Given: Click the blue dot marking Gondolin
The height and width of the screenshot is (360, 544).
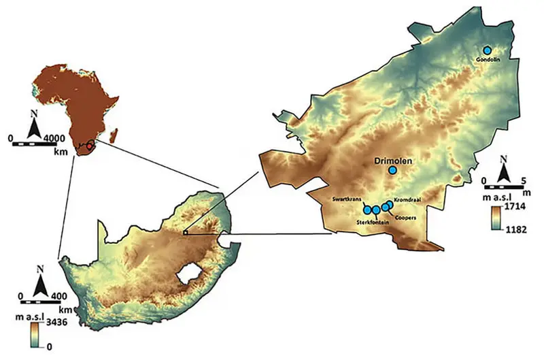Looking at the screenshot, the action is click(x=487, y=50).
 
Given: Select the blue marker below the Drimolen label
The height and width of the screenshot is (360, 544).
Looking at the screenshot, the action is click(x=392, y=170).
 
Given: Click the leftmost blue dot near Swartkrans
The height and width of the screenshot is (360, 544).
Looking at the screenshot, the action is click(x=367, y=210).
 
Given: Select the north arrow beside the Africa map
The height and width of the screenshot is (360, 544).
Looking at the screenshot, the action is click(x=34, y=127).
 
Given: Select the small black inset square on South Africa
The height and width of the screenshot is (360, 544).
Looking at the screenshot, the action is click(x=185, y=232).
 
